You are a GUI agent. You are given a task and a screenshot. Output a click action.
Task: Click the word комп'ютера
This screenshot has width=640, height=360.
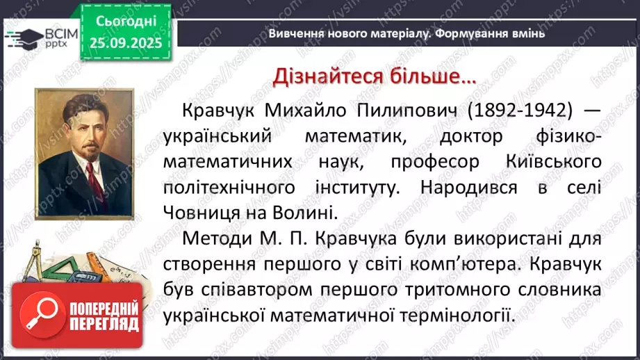tap(460, 263)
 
